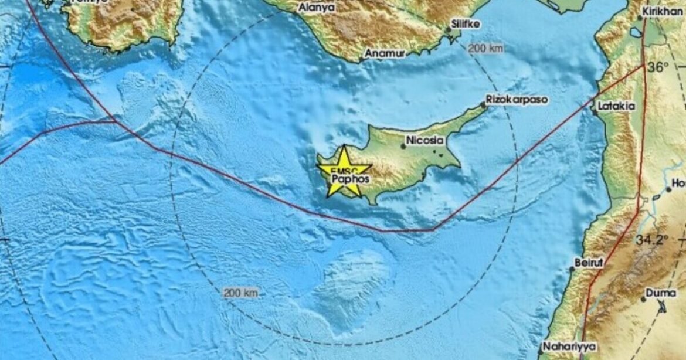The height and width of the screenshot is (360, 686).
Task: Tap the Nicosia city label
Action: tap(425, 141)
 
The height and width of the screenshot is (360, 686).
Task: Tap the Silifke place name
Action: tap(466, 25)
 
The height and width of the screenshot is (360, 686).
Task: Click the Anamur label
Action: tap(385, 53)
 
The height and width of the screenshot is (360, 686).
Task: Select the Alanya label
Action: tap(317, 8)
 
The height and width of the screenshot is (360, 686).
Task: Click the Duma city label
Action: tap(660, 292)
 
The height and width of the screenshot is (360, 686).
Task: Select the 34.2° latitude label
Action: tap(651, 239)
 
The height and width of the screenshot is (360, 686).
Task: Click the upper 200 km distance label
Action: tap(485, 49)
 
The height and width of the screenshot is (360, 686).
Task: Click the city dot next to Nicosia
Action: tap(403, 146)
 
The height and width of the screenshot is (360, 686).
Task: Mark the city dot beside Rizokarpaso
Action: tap(483, 105)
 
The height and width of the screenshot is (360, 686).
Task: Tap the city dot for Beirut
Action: tap(572, 269)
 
